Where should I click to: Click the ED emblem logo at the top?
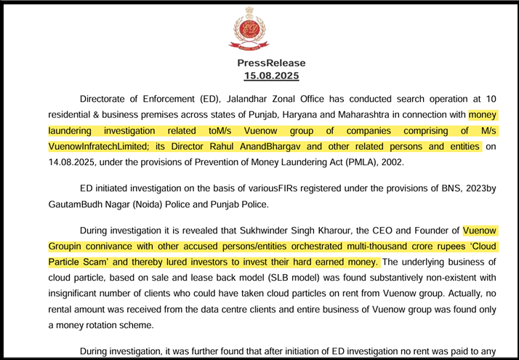249,27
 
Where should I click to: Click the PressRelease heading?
271,63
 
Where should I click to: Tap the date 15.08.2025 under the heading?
271,76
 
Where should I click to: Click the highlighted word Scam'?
106,262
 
